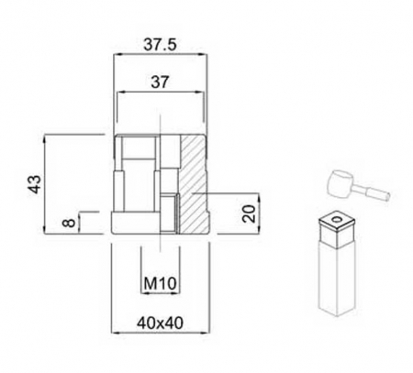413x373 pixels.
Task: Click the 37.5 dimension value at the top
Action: point(160,41)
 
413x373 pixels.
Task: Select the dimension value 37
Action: point(160,82)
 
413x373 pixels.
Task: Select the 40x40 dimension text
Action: point(160,323)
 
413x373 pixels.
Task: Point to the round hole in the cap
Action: point(336,219)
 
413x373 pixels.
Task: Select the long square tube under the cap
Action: point(335,275)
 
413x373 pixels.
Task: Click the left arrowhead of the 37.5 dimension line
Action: point(115,56)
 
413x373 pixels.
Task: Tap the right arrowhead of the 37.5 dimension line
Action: point(205,56)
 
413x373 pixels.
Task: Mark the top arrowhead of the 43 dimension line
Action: point(45,138)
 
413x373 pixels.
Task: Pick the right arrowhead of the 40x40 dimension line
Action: point(208,335)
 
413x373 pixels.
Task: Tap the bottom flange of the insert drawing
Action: point(160,225)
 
